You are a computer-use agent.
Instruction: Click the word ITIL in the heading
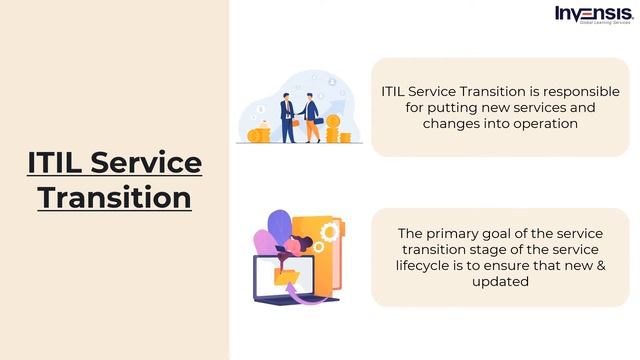(x=56, y=162)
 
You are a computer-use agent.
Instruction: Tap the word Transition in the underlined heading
(x=114, y=197)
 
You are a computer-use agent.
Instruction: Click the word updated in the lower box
(x=501, y=281)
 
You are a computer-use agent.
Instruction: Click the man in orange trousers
(x=312, y=118)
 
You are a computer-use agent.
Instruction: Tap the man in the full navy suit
(x=287, y=118)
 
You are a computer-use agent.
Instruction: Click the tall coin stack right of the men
(x=333, y=127)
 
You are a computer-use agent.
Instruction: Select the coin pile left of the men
(x=258, y=133)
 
